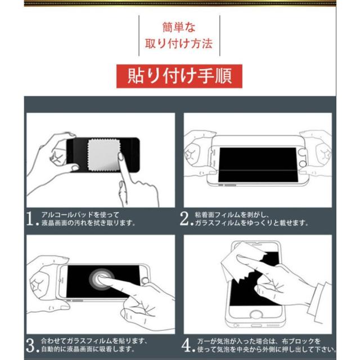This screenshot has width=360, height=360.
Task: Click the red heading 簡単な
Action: [179, 27]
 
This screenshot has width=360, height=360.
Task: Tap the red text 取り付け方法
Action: [179, 43]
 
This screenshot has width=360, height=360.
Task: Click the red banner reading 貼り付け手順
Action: [179, 76]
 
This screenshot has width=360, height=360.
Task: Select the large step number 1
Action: [30, 219]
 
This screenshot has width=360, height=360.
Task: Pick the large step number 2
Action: [184, 219]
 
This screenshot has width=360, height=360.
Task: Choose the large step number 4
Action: [186, 345]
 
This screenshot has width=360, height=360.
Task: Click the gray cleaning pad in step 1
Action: [104, 155]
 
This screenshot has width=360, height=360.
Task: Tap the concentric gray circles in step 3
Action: [101, 279]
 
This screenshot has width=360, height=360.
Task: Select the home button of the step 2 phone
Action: [303, 164]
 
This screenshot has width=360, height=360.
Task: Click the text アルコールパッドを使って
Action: [80, 215]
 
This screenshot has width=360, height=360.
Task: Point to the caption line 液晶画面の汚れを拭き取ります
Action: [88, 223]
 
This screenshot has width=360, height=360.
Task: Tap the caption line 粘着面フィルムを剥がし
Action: [232, 215]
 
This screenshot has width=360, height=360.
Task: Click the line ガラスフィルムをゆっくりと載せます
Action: [251, 223]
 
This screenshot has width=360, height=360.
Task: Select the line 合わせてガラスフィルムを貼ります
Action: [94, 341]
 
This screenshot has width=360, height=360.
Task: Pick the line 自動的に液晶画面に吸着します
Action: [88, 349]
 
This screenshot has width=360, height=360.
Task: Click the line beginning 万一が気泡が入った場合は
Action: [259, 341]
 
